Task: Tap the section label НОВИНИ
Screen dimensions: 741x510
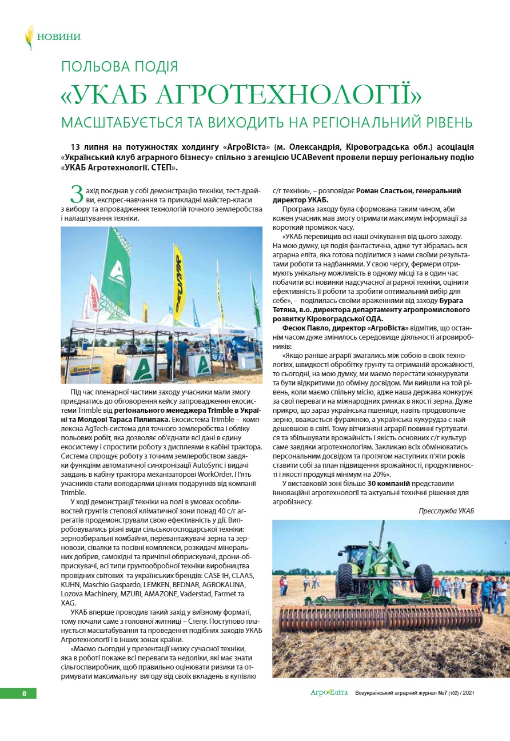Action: (59, 37)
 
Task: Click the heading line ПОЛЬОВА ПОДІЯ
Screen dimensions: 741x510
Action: (119, 67)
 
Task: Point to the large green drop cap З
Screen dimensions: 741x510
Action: (77, 194)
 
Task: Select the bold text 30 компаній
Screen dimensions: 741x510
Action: (392, 484)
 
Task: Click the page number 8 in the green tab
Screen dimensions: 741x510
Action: (24, 694)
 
